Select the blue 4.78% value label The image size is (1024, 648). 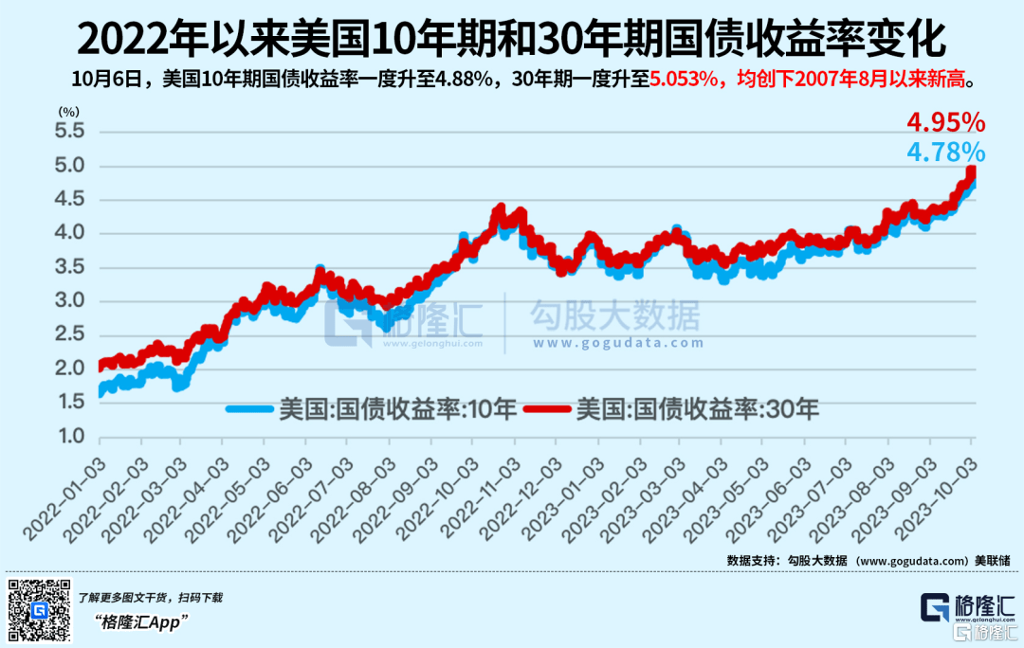pos(945,152)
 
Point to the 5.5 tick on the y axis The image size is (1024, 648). pos(72,131)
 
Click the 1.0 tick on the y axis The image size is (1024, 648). pos(72,438)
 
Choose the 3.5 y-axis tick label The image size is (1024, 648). pos(72,267)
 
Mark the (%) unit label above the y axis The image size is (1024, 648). pos(70,111)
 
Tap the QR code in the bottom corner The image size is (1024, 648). pos(40,611)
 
